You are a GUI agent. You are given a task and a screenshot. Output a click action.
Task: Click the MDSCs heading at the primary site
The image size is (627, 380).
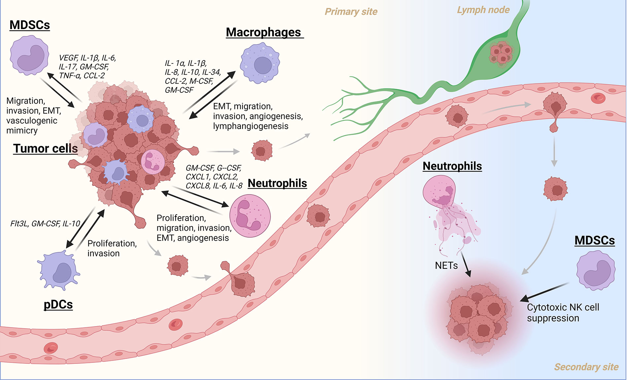[30, 25]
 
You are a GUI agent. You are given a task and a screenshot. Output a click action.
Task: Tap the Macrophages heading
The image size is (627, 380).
[263, 32]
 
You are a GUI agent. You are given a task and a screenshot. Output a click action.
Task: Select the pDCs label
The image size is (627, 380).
[58, 304]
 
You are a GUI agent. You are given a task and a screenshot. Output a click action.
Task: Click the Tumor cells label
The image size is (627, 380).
[46, 149]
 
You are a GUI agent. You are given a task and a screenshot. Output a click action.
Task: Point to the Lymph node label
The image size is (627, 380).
[483, 10]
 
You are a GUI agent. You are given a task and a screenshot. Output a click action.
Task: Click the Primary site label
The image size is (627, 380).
[351, 12]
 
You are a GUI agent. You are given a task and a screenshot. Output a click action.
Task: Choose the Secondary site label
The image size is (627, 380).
[586, 367]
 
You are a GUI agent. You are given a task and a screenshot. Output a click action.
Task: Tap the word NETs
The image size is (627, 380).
[446, 265]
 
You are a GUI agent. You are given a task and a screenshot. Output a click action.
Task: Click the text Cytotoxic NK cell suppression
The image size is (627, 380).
[563, 313]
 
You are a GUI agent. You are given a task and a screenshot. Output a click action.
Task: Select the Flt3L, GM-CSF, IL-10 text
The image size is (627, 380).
[45, 224]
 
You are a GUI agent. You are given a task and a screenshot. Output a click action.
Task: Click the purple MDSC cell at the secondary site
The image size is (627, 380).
[596, 270]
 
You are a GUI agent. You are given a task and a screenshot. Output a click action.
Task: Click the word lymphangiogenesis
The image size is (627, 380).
[250, 126]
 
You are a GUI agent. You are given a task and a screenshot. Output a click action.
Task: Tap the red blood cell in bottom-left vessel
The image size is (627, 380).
[51, 348]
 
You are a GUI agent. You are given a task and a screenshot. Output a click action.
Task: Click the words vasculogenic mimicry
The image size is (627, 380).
[32, 125]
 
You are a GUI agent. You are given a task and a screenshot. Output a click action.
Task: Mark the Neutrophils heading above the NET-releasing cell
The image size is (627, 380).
[452, 166]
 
